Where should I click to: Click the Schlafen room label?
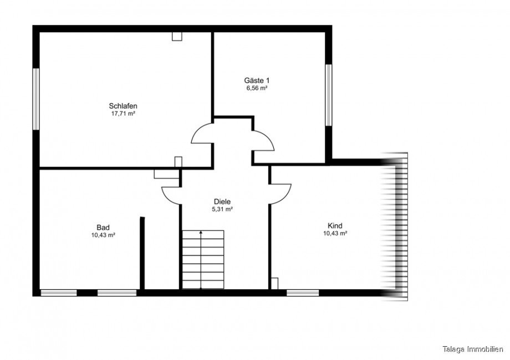(123, 106)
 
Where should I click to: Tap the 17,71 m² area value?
(123, 114)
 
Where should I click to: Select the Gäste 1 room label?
(257, 80)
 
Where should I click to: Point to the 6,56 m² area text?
(257, 88)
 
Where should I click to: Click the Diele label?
(222, 202)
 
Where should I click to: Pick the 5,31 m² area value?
(222, 209)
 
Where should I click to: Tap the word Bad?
(103, 228)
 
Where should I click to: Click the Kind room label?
(335, 225)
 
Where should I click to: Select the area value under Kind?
(335, 233)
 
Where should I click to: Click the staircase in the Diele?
(203, 259)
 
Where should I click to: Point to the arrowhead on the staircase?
(201, 232)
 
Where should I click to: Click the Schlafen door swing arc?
(196, 130)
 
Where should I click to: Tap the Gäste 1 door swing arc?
(269, 137)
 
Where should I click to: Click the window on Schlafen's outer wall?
(36, 99)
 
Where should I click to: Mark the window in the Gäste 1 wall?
(329, 95)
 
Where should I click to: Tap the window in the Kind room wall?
(303, 293)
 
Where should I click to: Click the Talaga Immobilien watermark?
(473, 349)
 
